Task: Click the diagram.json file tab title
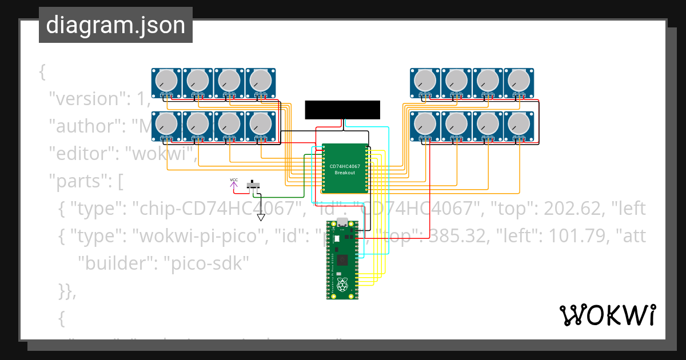tap(115, 25)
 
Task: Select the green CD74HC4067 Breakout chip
tap(345, 169)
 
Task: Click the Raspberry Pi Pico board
tap(342, 260)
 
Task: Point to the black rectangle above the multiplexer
tap(342, 110)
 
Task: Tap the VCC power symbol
tap(234, 182)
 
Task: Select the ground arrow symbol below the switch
tap(261, 217)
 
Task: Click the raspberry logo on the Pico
tap(342, 285)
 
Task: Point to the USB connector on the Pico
tap(342, 222)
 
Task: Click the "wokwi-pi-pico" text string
tap(194, 235)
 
